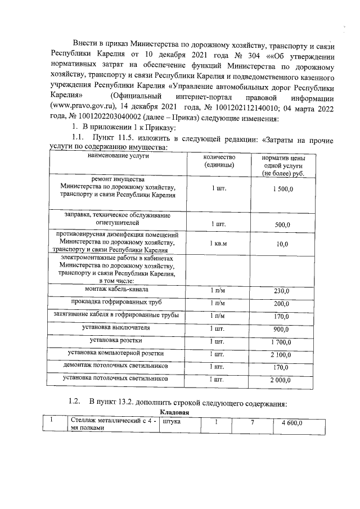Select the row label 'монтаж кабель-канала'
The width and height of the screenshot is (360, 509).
(x=117, y=290)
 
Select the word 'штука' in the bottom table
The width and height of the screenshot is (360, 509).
(x=171, y=422)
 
